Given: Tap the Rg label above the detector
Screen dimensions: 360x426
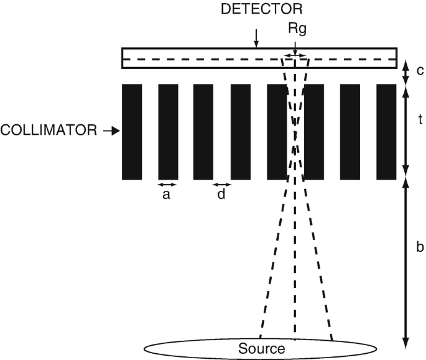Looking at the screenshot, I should click(297, 28).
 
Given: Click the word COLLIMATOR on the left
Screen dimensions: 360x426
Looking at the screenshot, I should click(49, 131).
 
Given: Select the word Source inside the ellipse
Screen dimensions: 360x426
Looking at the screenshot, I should click(261, 348).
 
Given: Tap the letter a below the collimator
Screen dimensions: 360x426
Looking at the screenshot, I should click(166, 195).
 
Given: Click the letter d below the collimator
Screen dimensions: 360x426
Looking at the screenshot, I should click(221, 195).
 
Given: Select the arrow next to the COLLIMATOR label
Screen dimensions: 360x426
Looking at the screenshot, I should click(111, 131).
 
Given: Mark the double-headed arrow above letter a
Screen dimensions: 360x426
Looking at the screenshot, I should click(167, 184).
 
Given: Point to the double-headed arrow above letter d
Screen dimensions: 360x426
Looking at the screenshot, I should click(221, 184).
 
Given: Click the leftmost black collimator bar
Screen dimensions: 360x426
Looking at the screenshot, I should click(132, 131).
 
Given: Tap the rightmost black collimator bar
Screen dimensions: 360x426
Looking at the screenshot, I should click(386, 131).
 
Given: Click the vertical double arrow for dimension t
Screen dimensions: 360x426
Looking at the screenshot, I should click(405, 131).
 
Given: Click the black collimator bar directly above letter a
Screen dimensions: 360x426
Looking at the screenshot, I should click(168, 131).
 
